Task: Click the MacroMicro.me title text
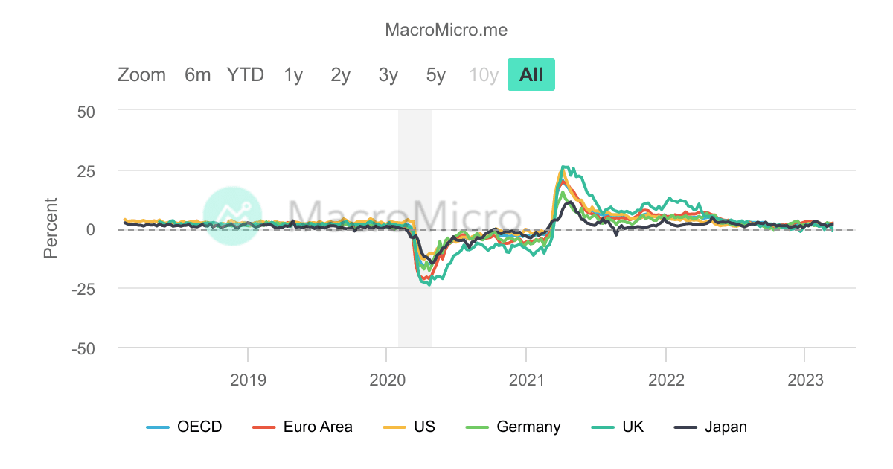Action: coord(446,30)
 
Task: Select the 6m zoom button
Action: coord(198,75)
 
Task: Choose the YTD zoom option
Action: coord(246,75)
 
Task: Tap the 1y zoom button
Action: coord(293,75)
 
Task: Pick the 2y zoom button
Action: coord(341,75)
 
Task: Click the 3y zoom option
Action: coord(388,75)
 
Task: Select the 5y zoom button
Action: coord(436,75)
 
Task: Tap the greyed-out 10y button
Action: coord(484,75)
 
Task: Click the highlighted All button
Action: coord(531,75)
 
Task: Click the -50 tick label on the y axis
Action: coord(83,348)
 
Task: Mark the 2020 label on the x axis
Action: coord(386,380)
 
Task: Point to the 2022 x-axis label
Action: coord(666,380)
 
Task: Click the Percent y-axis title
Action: coord(51,228)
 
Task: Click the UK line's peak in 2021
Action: coord(564,167)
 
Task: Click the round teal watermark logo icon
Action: coord(233,216)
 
